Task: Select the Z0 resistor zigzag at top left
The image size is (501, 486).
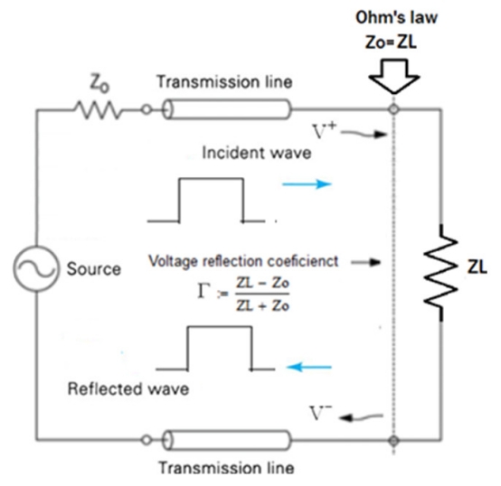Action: pos(99,109)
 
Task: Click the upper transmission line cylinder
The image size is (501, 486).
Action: pos(227,109)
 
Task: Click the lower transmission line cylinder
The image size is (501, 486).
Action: pos(227,440)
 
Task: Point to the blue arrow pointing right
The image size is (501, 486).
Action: pos(307,183)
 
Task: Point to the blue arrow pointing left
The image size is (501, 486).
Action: pos(309,367)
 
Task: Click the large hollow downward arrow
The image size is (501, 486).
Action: pos(393,76)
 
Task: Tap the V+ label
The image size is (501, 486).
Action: pos(324,131)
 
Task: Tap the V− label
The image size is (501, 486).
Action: pos(321,413)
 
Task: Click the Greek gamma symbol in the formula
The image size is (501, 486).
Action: pos(203,291)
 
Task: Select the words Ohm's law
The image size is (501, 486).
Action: pos(396,17)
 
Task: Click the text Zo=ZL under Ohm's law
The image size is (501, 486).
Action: pos(391,42)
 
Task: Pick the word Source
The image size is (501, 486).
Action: pos(94,268)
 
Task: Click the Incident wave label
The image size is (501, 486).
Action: pos(257,153)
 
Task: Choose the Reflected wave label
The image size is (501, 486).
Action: pos(128,389)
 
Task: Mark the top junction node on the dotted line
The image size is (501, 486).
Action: pos(393,109)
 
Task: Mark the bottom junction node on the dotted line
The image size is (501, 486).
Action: pos(393,440)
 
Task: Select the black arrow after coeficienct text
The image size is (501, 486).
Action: pos(366,262)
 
